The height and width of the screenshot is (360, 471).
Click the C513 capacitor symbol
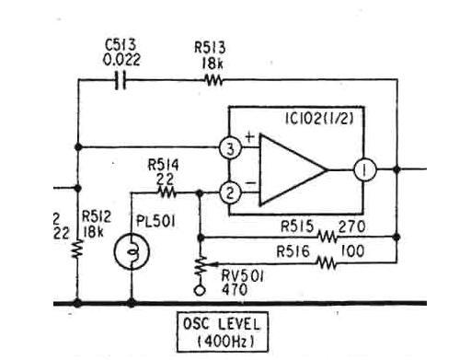pos(121,80)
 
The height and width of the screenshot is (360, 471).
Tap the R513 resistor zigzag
pos(213,80)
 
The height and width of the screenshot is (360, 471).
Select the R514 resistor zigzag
pos(167,192)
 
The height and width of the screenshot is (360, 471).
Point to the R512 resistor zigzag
pos(77,249)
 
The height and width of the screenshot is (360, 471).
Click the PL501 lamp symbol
pos(132,251)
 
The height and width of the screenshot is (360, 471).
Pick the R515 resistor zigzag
pos(327,237)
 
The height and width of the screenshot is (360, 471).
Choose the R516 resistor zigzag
pos(327,263)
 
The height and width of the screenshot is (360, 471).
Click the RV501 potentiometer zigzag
pos(201,266)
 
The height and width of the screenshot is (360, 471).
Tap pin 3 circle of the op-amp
pos(231,148)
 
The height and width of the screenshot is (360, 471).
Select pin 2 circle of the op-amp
pos(231,192)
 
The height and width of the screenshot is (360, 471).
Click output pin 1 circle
pos(365,169)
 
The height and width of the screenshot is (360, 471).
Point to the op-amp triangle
pos(293,169)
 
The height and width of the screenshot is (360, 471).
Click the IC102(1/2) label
pos(319,119)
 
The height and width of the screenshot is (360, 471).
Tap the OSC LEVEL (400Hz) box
pos(223,331)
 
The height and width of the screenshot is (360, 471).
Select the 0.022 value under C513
pos(121,59)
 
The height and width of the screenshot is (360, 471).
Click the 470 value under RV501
pos(235,289)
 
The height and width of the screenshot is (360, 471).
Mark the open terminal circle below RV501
pos(200,290)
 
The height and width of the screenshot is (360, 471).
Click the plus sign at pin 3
pos(250,137)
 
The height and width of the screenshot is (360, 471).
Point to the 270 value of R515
pos(351,226)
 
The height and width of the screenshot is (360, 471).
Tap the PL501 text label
pos(155,221)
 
